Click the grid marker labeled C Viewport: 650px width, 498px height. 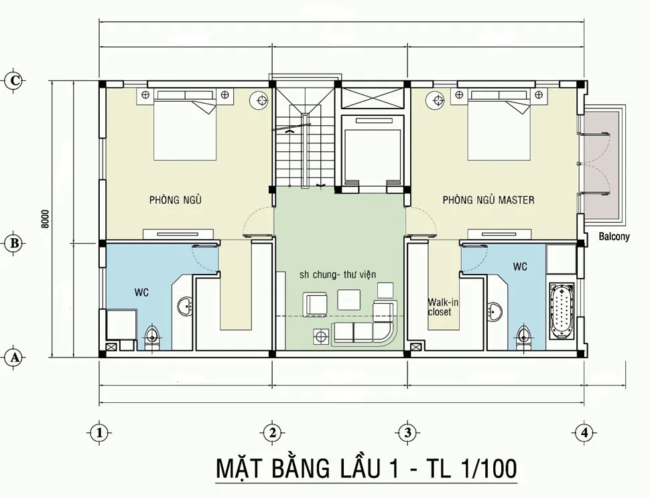pyautogui.click(x=15, y=80)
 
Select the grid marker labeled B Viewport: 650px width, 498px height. pyautogui.click(x=14, y=243)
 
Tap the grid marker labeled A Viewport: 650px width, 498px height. pyautogui.click(x=14, y=358)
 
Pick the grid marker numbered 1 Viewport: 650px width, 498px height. pyautogui.click(x=99, y=432)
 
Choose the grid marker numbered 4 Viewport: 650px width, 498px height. pyautogui.click(x=584, y=432)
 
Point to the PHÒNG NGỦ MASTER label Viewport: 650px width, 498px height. pyautogui.click(x=488, y=200)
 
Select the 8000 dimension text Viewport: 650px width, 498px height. pyautogui.click(x=46, y=220)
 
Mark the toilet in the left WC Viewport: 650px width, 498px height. pyautogui.click(x=153, y=336)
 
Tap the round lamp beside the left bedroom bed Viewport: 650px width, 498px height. pyautogui.click(x=258, y=101)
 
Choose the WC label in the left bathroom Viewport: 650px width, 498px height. pyautogui.click(x=141, y=292)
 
